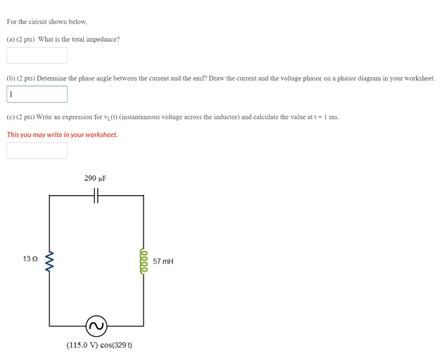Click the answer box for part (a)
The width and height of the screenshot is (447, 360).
point(37,55)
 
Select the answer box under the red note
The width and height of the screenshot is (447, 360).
point(37,151)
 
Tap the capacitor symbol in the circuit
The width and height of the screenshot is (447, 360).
point(96,196)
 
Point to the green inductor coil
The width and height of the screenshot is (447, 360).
point(144,261)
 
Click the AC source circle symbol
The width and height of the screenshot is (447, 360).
point(96,325)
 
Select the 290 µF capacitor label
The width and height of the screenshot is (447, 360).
point(95,178)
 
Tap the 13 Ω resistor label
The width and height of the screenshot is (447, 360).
point(30,259)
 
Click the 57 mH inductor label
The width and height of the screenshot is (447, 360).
point(163,261)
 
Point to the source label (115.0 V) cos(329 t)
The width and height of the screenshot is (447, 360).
point(100,345)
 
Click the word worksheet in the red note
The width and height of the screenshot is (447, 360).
point(102,135)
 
